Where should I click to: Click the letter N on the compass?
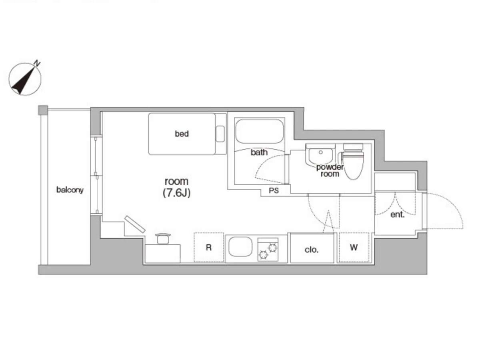[37, 63]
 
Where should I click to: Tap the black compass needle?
[23, 81]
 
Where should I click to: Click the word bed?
[182, 134]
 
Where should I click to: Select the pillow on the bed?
[220, 134]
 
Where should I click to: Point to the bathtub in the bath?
[259, 131]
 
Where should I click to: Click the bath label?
[259, 152]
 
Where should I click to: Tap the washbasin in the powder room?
[320, 154]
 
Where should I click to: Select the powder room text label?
[330, 170]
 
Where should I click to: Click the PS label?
[274, 191]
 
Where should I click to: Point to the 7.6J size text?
[176, 193]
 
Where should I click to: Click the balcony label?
[70, 190]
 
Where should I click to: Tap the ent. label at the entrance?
[397, 215]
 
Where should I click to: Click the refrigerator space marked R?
[209, 248]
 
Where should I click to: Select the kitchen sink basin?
[240, 246]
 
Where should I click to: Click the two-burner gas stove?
[268, 249]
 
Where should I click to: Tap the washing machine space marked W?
[354, 248]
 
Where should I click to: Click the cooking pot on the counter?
[163, 238]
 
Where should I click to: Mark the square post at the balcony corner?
[43, 110]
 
